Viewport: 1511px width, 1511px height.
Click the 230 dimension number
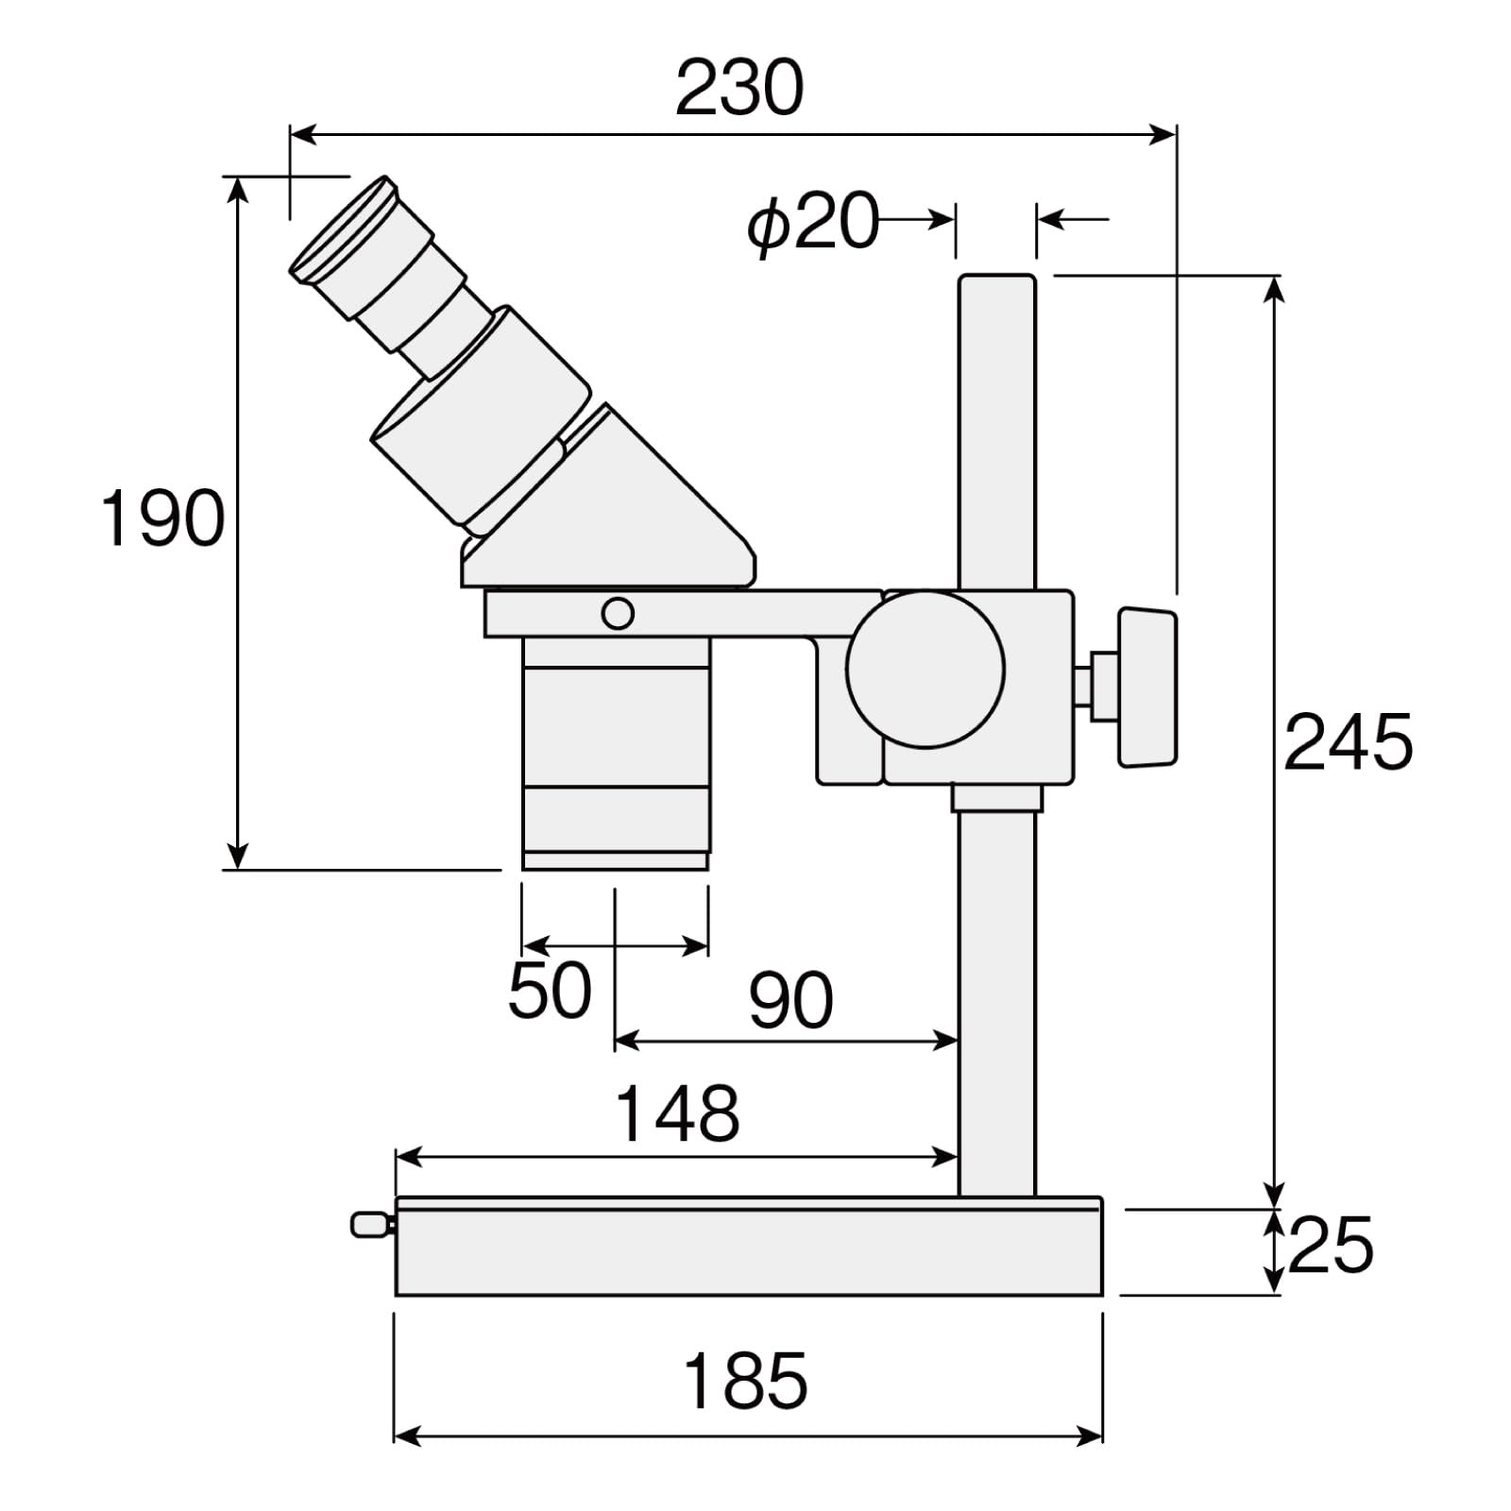click(x=739, y=88)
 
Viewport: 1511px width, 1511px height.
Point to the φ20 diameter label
click(x=812, y=223)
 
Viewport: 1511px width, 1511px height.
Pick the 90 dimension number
click(x=791, y=1000)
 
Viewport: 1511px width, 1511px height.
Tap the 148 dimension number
click(x=677, y=1113)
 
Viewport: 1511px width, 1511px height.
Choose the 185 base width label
click(x=745, y=1381)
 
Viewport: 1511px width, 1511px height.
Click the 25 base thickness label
click(x=1330, y=1246)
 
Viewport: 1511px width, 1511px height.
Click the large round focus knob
click(x=925, y=669)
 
